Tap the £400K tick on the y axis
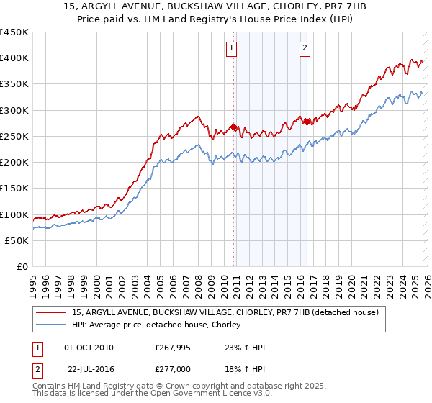point(14,58)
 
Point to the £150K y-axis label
point(14,189)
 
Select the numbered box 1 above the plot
point(232,48)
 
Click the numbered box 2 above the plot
point(305,48)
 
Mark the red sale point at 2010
point(233,127)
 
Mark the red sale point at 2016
point(307,122)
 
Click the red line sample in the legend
point(52,312)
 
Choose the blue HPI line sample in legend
point(52,325)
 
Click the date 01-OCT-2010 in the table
point(89,348)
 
